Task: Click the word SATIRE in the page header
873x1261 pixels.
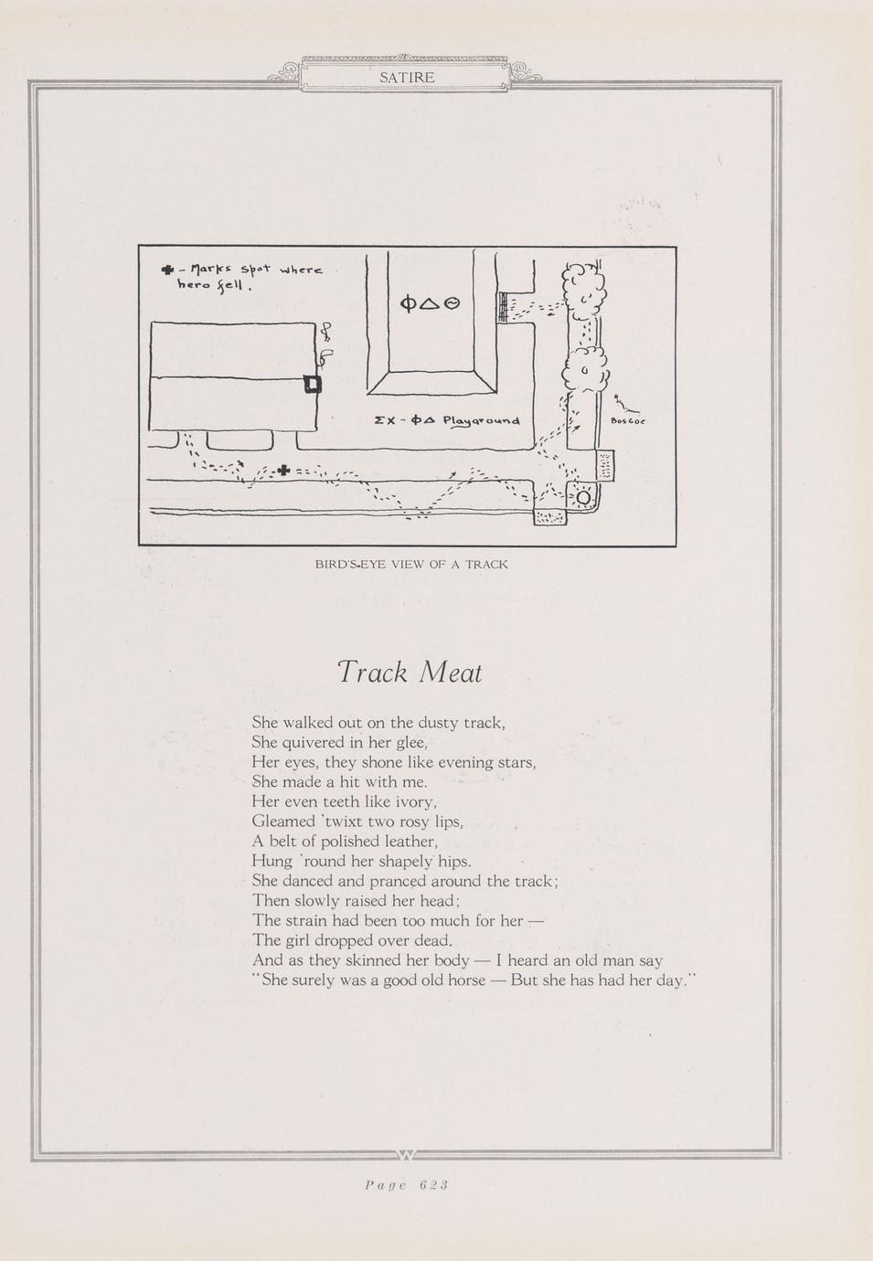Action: point(407,78)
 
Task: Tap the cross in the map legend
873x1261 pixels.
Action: point(167,270)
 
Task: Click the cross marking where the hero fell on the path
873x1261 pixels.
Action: point(283,470)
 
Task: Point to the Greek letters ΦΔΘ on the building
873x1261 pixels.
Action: point(430,303)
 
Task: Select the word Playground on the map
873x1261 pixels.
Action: point(481,420)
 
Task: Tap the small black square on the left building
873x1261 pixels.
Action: point(313,384)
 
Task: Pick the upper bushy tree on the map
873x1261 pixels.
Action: point(580,286)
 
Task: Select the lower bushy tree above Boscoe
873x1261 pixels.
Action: point(586,368)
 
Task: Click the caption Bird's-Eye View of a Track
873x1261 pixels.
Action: point(411,564)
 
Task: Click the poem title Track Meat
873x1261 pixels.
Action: point(410,673)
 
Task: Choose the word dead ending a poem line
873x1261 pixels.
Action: point(432,940)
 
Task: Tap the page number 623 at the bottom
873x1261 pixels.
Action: point(433,1185)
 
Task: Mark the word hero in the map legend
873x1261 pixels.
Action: point(193,284)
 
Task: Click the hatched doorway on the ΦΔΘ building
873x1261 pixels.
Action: point(502,307)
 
